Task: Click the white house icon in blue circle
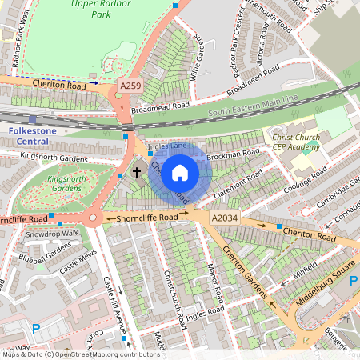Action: (180, 171)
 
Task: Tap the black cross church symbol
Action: (137, 171)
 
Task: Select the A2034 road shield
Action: (226, 217)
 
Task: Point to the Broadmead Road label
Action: (161, 105)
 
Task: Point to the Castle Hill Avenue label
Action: (110, 300)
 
